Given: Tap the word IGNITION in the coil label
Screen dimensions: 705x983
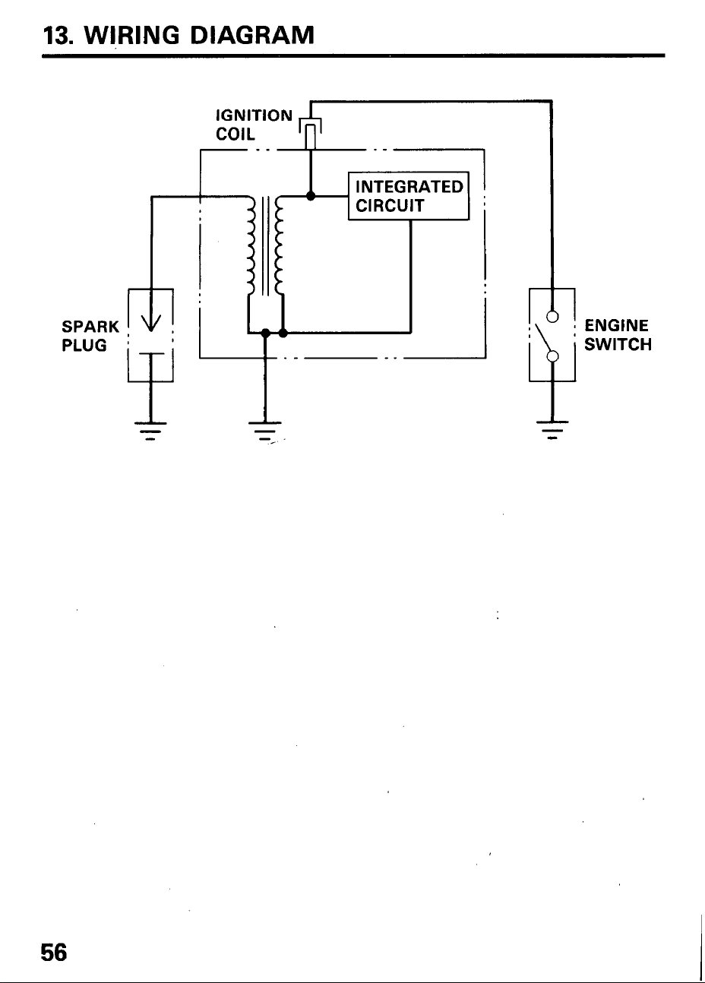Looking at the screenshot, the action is [254, 115].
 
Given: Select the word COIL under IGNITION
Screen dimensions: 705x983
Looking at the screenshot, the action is [235, 134].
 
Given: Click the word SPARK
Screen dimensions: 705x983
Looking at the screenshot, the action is [90, 327].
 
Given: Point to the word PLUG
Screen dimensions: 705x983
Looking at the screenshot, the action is [84, 346].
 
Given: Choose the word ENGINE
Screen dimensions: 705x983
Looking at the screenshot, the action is [616, 326].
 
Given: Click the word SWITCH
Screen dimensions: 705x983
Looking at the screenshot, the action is [618, 344].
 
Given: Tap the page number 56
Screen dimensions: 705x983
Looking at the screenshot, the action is [53, 953].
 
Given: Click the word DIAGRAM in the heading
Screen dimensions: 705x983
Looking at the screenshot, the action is [252, 35].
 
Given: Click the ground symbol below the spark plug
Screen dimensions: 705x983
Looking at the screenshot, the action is [150, 431].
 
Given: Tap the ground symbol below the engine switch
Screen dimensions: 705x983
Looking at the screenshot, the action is [552, 430].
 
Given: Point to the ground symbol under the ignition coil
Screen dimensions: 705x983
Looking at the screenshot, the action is [264, 431].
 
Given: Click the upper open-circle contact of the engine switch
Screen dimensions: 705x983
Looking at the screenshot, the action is [552, 316].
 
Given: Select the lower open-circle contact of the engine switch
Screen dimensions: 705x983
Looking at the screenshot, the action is [552, 356].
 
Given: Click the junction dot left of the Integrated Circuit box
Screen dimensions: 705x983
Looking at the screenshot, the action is [311, 196].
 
